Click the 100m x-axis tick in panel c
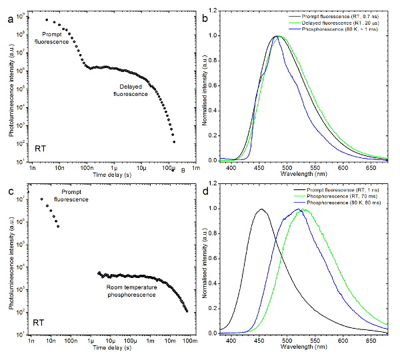pos(190,341)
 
